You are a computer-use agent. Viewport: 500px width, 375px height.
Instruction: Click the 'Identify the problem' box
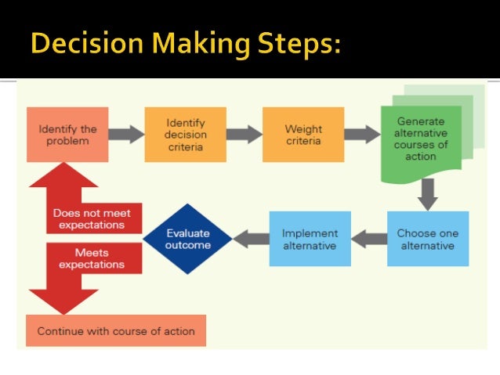pos(67,134)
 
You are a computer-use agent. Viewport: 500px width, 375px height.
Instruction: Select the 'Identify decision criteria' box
pos(185,134)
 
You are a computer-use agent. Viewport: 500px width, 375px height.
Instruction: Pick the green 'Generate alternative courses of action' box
pos(421,139)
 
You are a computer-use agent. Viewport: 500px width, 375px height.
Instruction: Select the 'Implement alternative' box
pos(310,238)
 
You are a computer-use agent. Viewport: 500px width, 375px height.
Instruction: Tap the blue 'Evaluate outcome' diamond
pos(188,239)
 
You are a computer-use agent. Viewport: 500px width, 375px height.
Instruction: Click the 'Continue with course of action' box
pos(116,330)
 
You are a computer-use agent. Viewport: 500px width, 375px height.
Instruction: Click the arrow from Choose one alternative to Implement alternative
pos(368,238)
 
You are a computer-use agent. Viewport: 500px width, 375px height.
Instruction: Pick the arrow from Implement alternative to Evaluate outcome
pos(251,238)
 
